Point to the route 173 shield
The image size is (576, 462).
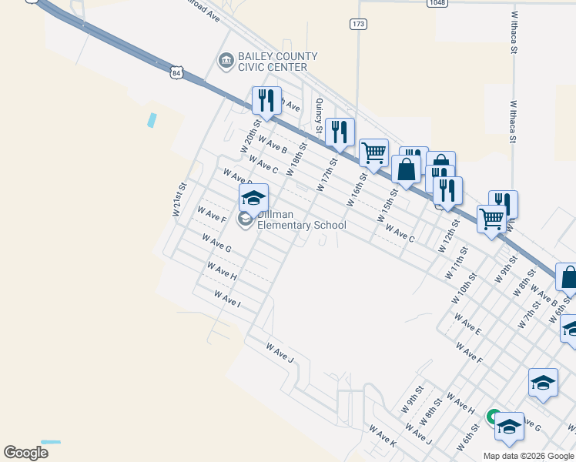tap(358, 25)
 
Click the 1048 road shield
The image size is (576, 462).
tap(437, 3)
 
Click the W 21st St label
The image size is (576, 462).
tap(179, 199)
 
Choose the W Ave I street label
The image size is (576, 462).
tap(227, 299)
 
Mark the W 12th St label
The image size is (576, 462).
tap(448, 236)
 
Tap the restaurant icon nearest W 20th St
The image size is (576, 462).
tap(266, 100)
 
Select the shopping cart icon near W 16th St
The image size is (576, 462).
tap(373, 152)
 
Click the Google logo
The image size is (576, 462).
tap(26, 453)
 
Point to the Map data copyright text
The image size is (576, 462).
tap(529, 456)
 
